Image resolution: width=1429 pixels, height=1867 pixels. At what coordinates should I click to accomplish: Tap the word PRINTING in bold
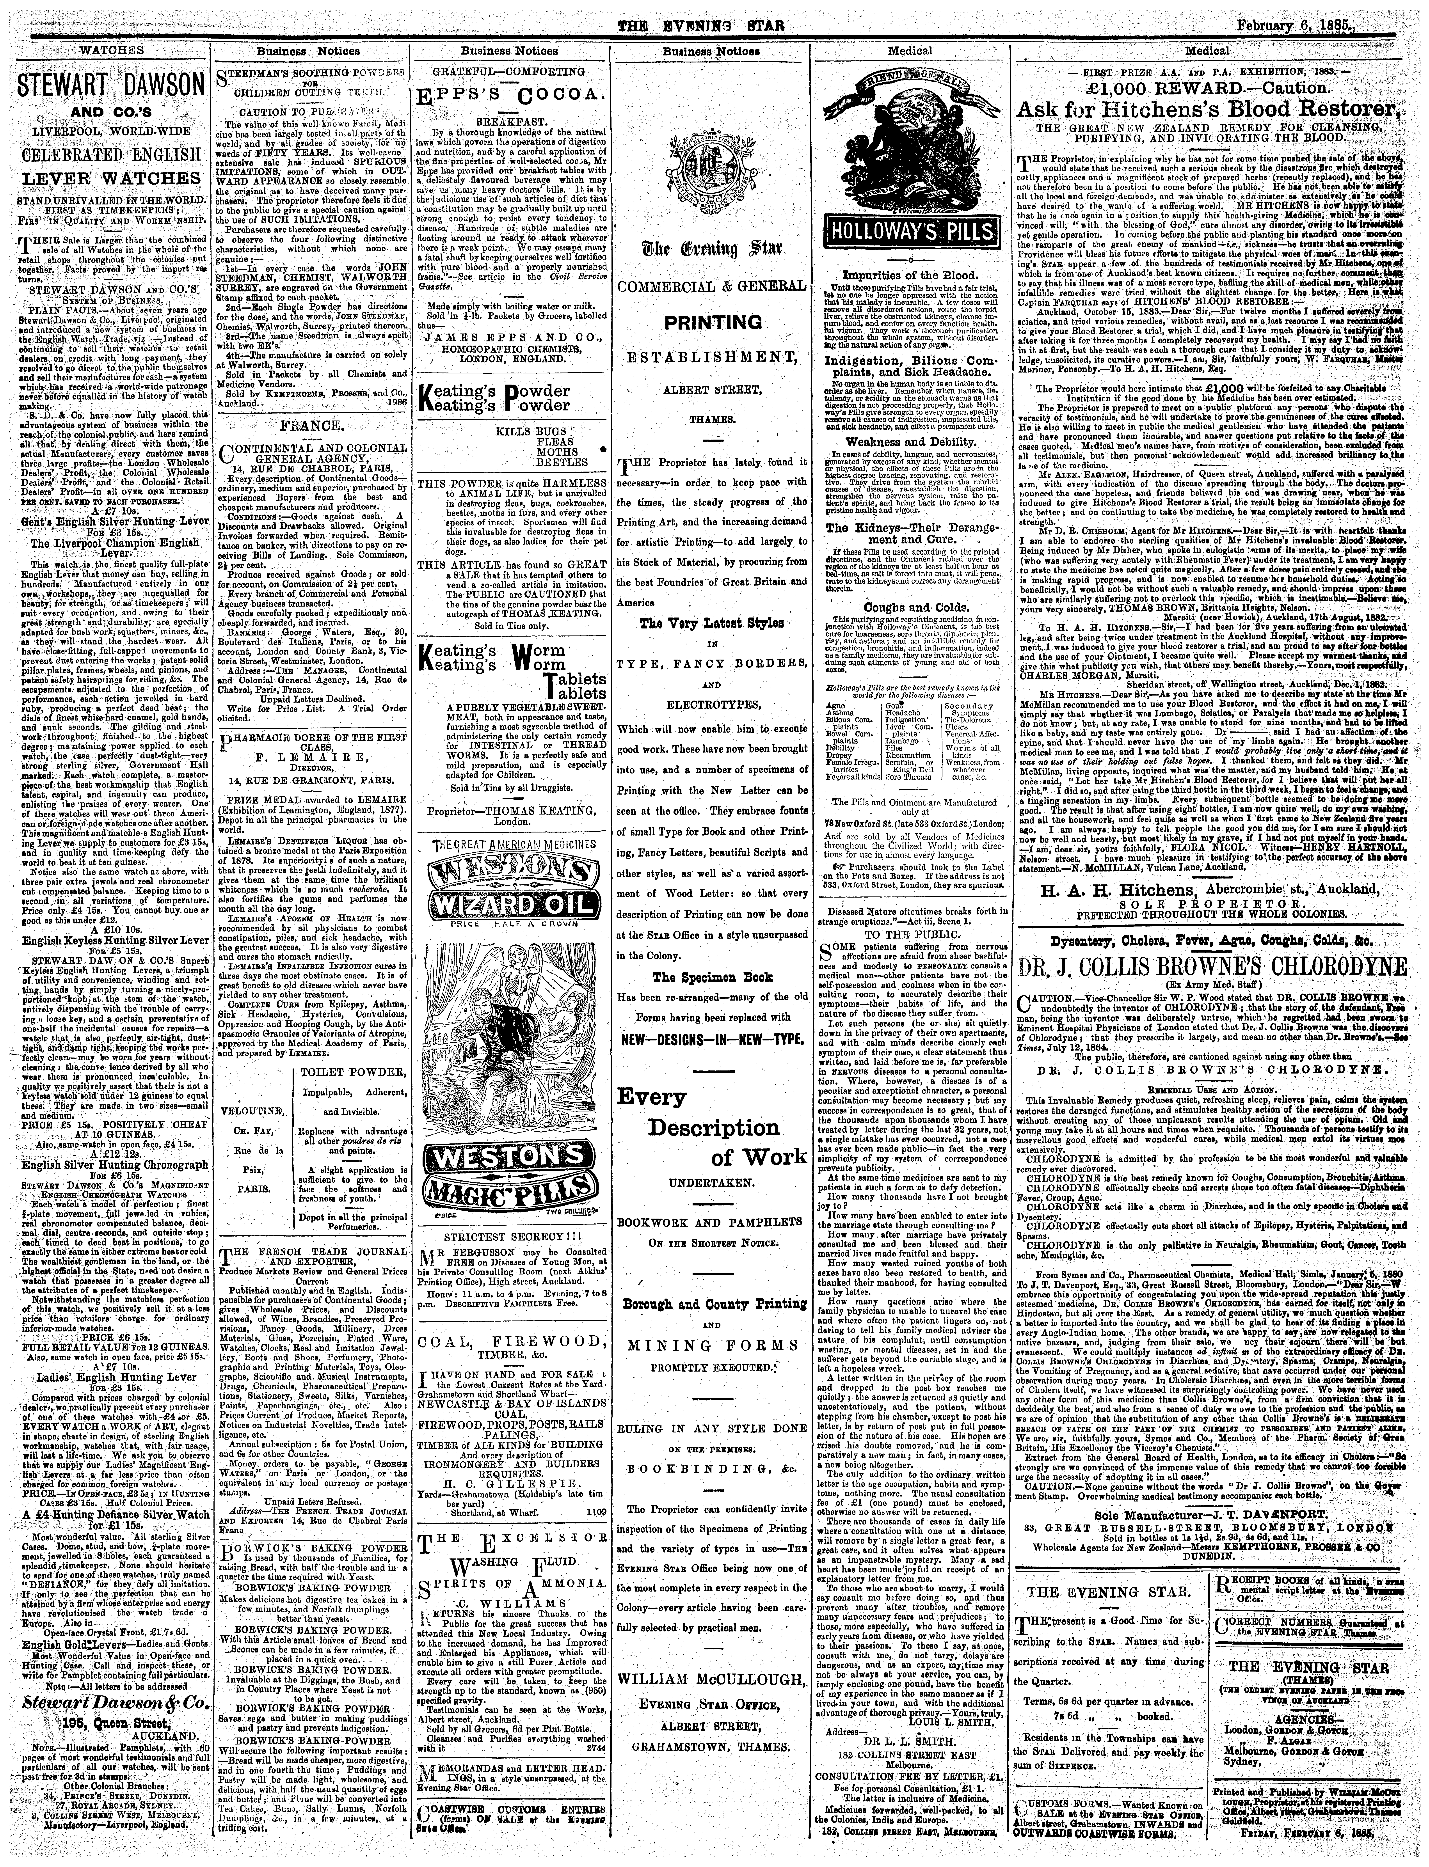(712, 322)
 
